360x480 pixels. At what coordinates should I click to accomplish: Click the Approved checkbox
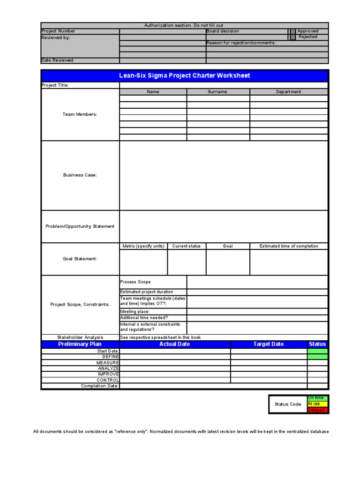pyautogui.click(x=292, y=31)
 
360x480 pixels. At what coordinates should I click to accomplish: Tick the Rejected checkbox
pyautogui.click(x=292, y=37)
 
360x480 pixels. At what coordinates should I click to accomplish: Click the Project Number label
pyautogui.click(x=58, y=31)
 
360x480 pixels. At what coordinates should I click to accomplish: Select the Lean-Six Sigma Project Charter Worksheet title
pyautogui.click(x=185, y=75)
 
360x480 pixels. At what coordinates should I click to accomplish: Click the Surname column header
pyautogui.click(x=217, y=92)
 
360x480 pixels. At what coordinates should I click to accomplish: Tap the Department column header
pyautogui.click(x=288, y=92)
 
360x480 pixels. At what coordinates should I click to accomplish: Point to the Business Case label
pyautogui.click(x=80, y=175)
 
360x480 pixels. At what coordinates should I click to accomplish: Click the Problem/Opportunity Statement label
pyautogui.click(x=80, y=226)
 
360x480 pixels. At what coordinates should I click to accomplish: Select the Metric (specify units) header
pyautogui.click(x=143, y=246)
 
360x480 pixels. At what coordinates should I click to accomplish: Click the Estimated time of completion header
pyautogui.click(x=289, y=246)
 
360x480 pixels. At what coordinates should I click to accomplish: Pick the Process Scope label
pyautogui.click(x=135, y=282)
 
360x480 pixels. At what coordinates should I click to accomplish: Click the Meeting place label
pyautogui.click(x=135, y=311)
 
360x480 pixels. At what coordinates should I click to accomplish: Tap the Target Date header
pyautogui.click(x=269, y=344)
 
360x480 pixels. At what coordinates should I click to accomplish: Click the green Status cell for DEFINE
pyautogui.click(x=317, y=357)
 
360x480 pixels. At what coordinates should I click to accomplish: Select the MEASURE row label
pyautogui.click(x=108, y=362)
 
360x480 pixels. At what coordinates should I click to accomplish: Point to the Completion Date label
pyautogui.click(x=100, y=386)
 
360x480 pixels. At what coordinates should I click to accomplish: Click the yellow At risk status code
pyautogui.click(x=317, y=404)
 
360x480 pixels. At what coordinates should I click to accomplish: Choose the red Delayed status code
pyautogui.click(x=317, y=410)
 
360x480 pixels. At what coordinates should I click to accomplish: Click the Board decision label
pyautogui.click(x=223, y=31)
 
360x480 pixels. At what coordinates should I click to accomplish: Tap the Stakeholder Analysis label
pyautogui.click(x=80, y=337)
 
